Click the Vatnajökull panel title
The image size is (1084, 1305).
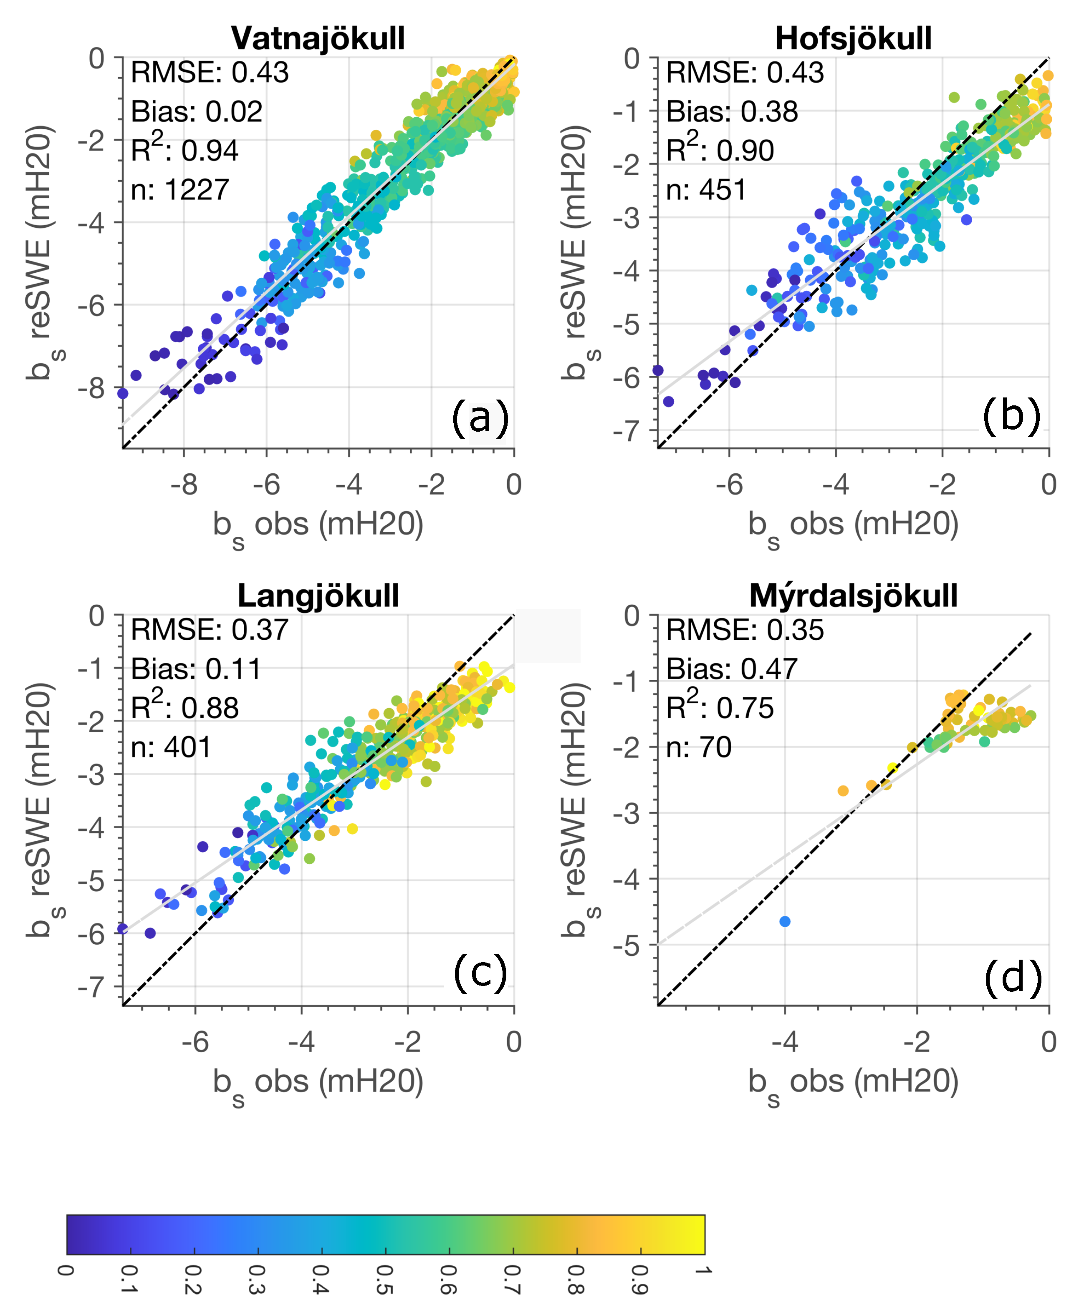pyautogui.click(x=318, y=38)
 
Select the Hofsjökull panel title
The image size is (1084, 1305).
pyautogui.click(x=853, y=38)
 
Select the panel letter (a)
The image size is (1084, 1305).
pyautogui.click(x=480, y=417)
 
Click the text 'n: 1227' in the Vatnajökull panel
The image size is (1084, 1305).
pyautogui.click(x=180, y=189)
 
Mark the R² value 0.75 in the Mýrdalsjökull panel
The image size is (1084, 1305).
pyautogui.click(x=745, y=708)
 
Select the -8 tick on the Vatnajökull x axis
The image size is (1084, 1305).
pyautogui.click(x=184, y=485)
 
